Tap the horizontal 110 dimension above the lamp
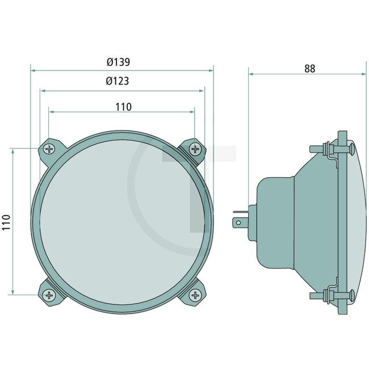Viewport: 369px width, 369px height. (x=123, y=106)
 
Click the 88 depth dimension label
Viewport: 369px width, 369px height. (x=309, y=69)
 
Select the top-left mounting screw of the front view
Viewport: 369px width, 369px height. (x=49, y=149)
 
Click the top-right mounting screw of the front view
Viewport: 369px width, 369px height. (x=195, y=149)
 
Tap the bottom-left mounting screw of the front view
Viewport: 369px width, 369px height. (x=49, y=295)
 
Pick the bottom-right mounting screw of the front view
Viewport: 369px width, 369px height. (x=195, y=295)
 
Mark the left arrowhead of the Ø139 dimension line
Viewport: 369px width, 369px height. (x=33, y=70)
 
